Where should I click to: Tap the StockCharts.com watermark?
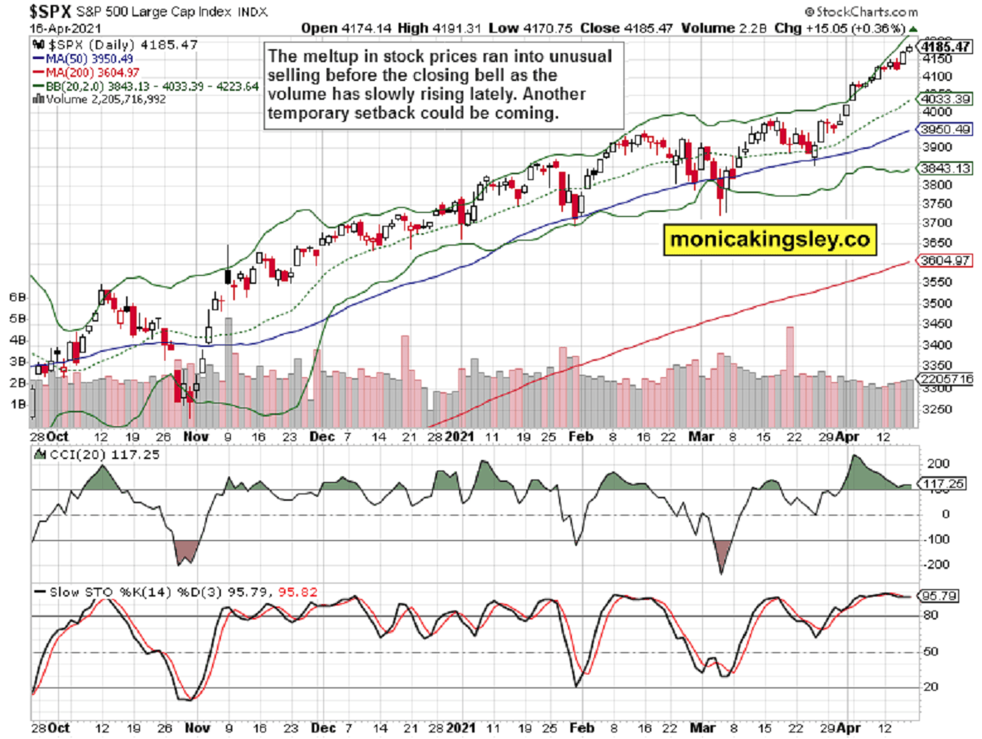861,12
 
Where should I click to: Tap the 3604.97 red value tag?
944,261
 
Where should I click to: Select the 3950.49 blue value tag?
944,130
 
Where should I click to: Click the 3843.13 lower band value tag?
944,168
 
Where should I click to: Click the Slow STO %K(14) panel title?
90,592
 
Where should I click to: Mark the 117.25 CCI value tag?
942,484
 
